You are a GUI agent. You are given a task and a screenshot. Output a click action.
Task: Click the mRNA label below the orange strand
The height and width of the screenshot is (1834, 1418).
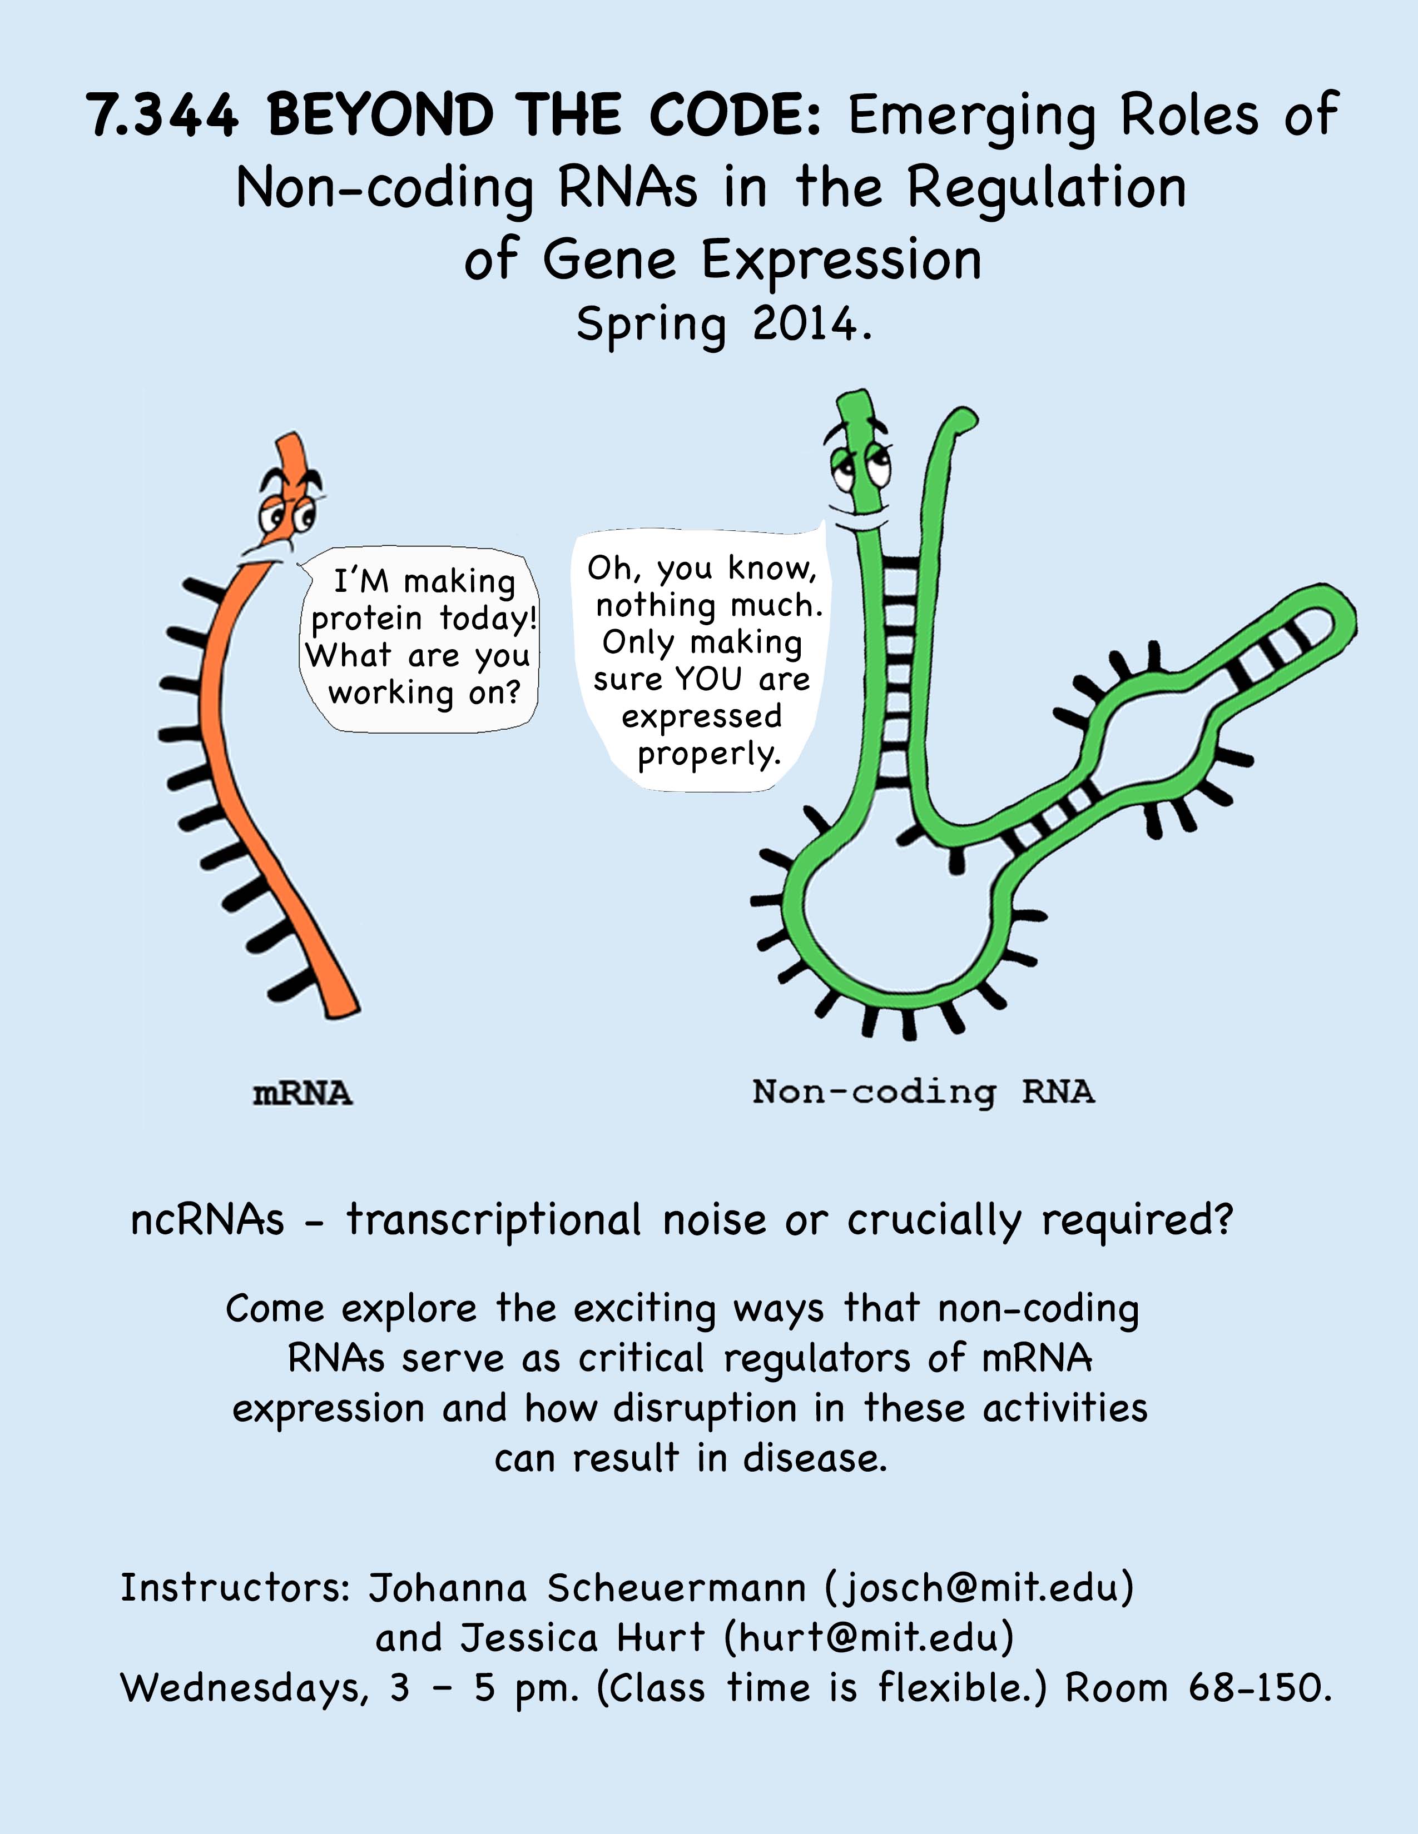click(x=303, y=1093)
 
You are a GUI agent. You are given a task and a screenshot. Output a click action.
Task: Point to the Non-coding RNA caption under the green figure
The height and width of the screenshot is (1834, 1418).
click(x=923, y=1092)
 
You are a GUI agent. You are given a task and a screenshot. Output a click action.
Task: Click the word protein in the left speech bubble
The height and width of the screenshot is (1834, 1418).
click(x=366, y=620)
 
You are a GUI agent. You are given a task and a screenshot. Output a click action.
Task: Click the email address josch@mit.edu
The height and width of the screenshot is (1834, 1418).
click(x=979, y=1587)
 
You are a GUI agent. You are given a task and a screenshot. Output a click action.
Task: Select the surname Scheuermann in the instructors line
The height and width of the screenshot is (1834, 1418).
click(x=676, y=1587)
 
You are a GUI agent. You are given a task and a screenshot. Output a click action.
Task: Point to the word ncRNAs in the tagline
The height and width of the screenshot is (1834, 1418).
click(x=207, y=1220)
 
